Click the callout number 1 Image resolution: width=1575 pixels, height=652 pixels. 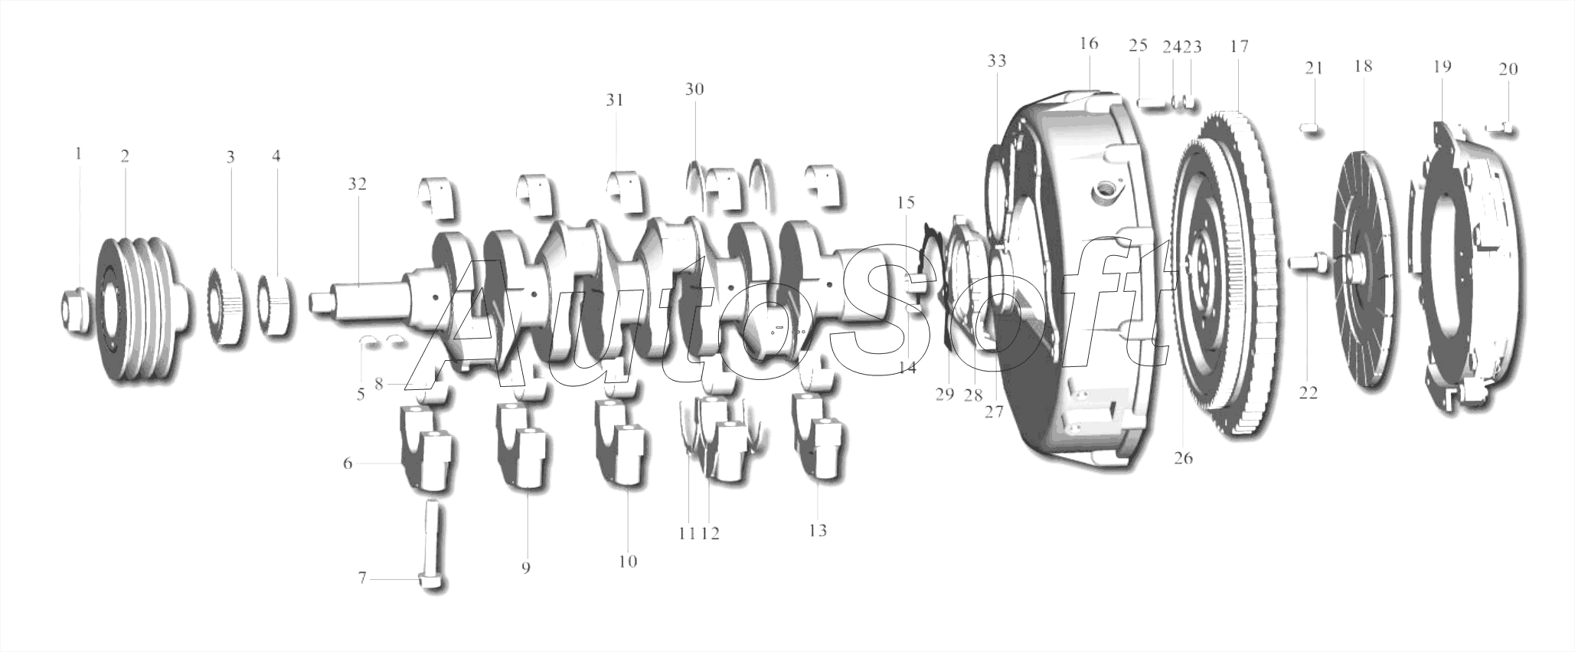click(x=77, y=154)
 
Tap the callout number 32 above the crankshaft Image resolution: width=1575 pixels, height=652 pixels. click(x=357, y=184)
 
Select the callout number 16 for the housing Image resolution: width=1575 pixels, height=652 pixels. click(x=1089, y=43)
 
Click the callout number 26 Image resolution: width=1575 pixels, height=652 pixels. click(x=1183, y=458)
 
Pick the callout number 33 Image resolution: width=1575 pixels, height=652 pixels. click(x=996, y=60)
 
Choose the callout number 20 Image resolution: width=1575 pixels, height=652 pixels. click(x=1508, y=69)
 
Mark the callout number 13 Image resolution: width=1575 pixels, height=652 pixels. click(x=818, y=530)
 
